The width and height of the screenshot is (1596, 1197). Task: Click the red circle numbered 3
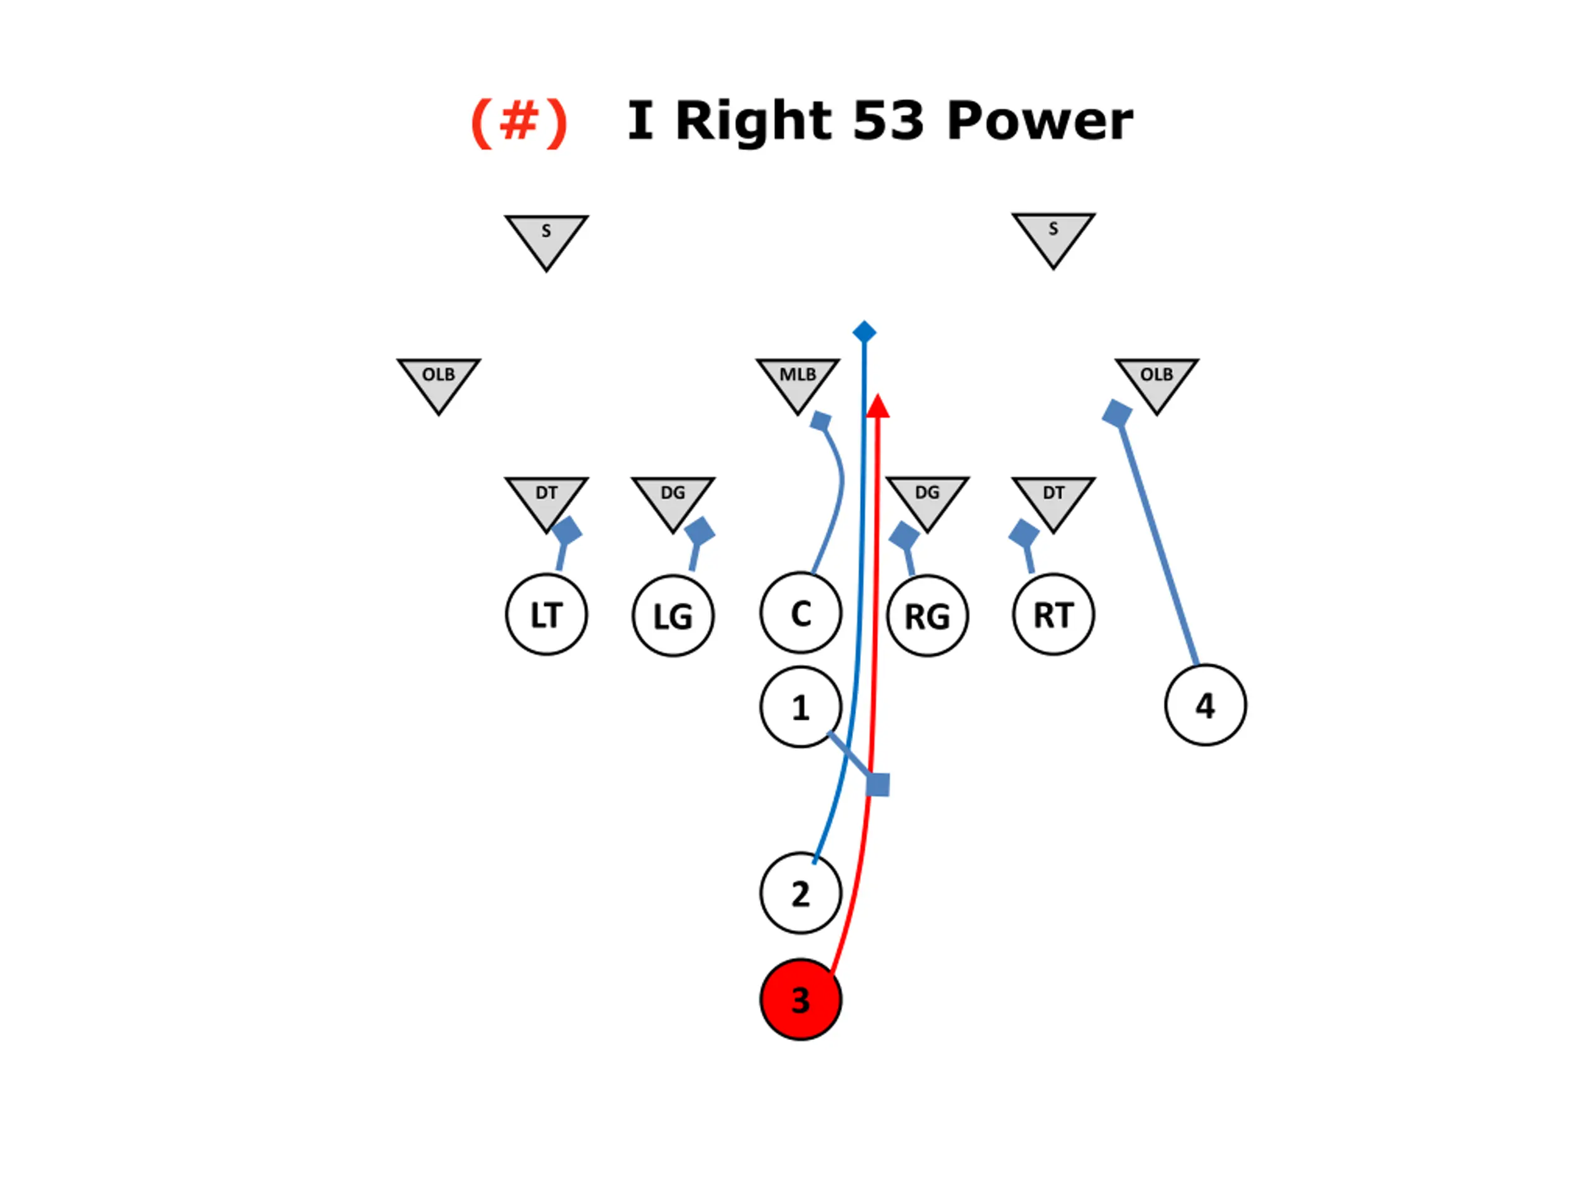800,999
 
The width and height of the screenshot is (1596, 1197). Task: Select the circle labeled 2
800,893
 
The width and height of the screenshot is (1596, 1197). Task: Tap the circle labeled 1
800,707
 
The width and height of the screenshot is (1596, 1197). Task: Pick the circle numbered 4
1205,705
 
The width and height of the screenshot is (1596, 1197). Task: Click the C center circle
800,613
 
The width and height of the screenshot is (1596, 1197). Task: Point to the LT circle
546,615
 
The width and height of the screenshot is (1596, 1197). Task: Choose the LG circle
673,615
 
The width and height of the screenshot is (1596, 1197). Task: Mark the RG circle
927,615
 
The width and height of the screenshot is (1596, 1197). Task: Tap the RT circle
1054,615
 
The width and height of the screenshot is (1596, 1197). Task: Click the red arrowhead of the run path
877,406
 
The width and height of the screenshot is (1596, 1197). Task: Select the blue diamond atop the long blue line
863,332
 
